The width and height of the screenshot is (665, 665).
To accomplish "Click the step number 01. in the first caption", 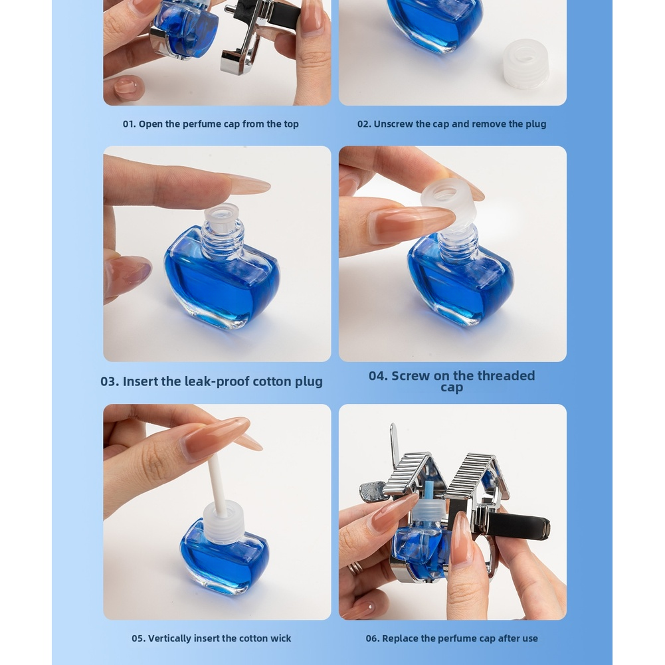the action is pos(130,124).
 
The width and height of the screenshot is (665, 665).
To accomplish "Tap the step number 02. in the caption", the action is pos(364,124).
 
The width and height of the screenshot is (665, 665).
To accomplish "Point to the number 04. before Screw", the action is pos(378,376).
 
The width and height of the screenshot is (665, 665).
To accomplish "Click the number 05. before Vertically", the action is pos(138,638).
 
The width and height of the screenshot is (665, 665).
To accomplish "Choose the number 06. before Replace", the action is pos(373,638).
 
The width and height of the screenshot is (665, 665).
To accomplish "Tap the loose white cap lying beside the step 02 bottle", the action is pos(525,64).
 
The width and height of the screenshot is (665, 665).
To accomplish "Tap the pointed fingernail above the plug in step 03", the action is pos(248,185).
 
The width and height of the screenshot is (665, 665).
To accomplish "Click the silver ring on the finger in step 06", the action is pos(356,567).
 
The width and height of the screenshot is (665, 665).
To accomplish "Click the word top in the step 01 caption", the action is pos(292,125).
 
